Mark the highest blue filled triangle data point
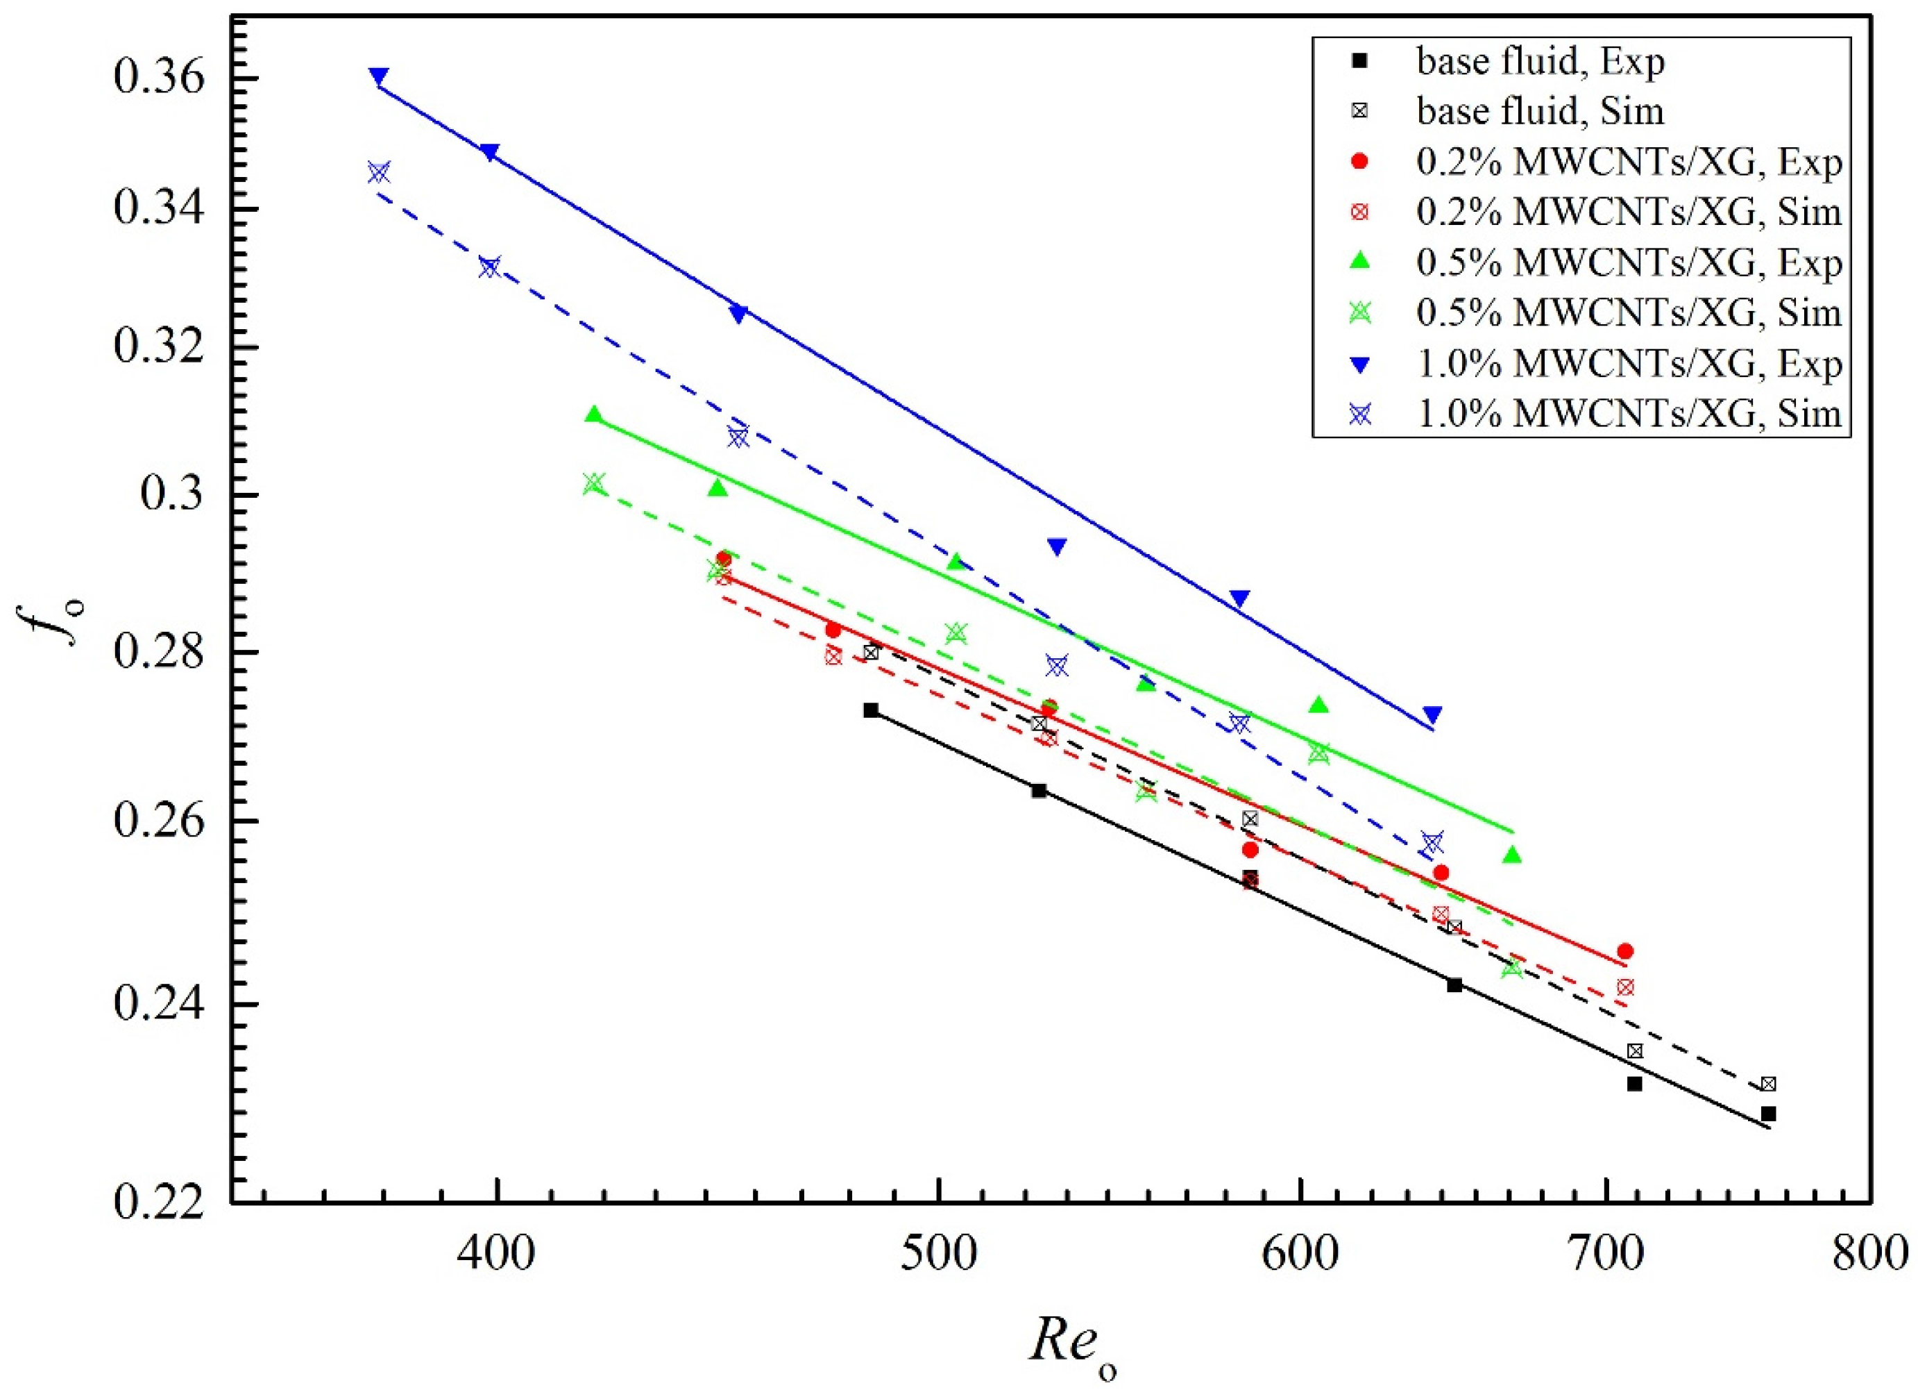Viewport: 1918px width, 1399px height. coord(379,76)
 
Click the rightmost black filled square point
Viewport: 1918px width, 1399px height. coord(1768,1114)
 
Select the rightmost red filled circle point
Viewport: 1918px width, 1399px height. coord(1625,951)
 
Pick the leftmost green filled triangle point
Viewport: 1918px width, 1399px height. coord(593,414)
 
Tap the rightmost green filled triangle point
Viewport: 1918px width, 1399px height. coord(1513,855)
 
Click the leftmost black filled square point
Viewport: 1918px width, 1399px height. coord(871,710)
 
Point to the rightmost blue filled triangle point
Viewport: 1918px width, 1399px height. coord(1432,714)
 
